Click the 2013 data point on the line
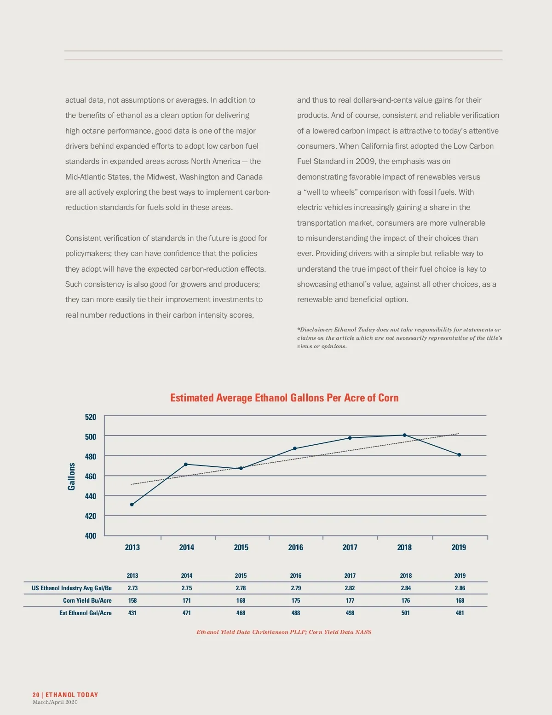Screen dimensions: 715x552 pos(132,505)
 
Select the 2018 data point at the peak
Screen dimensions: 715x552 pos(405,435)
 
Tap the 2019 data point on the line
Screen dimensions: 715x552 pos(459,455)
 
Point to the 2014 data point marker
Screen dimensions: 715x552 pos(186,464)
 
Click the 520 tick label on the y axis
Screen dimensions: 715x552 pos(91,417)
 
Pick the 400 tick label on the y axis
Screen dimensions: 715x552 pos(91,535)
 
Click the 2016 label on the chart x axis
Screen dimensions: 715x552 pos(295,547)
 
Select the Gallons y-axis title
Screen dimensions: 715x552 pos(71,477)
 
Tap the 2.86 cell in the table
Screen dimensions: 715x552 pos(460,588)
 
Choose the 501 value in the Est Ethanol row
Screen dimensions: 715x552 pos(405,613)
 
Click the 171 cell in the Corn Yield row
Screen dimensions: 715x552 pos(186,600)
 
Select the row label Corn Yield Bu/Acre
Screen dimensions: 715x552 pos(87,600)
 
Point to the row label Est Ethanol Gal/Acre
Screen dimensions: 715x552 pos(86,613)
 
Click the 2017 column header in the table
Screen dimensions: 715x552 pos(350,575)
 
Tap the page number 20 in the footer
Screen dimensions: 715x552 pos(36,695)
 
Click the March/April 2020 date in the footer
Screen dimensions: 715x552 pos(55,702)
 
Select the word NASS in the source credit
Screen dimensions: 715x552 pos(363,632)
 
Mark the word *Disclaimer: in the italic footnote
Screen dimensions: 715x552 pos(315,330)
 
